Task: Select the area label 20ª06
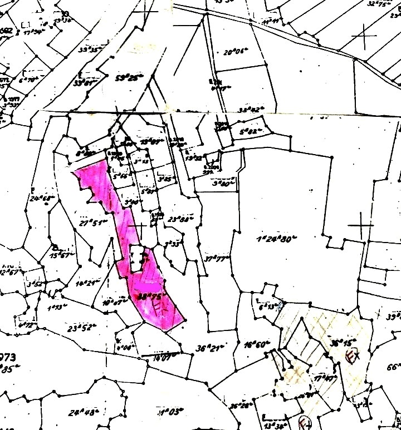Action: click(235, 53)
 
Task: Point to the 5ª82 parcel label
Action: click(250, 132)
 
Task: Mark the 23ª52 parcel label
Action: click(80, 328)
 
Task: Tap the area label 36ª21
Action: click(210, 348)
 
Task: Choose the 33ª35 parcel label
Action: click(90, 50)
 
